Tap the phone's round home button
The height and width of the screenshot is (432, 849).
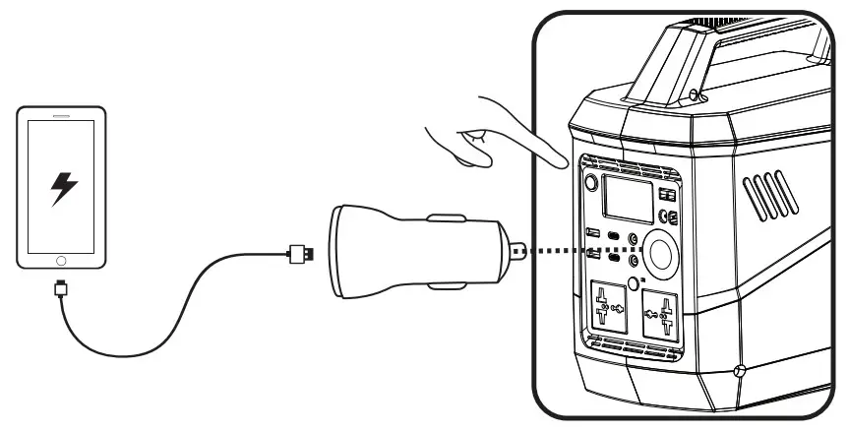(62, 261)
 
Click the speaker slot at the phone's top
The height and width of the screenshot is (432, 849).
(61, 115)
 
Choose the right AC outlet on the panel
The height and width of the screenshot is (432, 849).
(662, 319)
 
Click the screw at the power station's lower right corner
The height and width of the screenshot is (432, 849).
(741, 371)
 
